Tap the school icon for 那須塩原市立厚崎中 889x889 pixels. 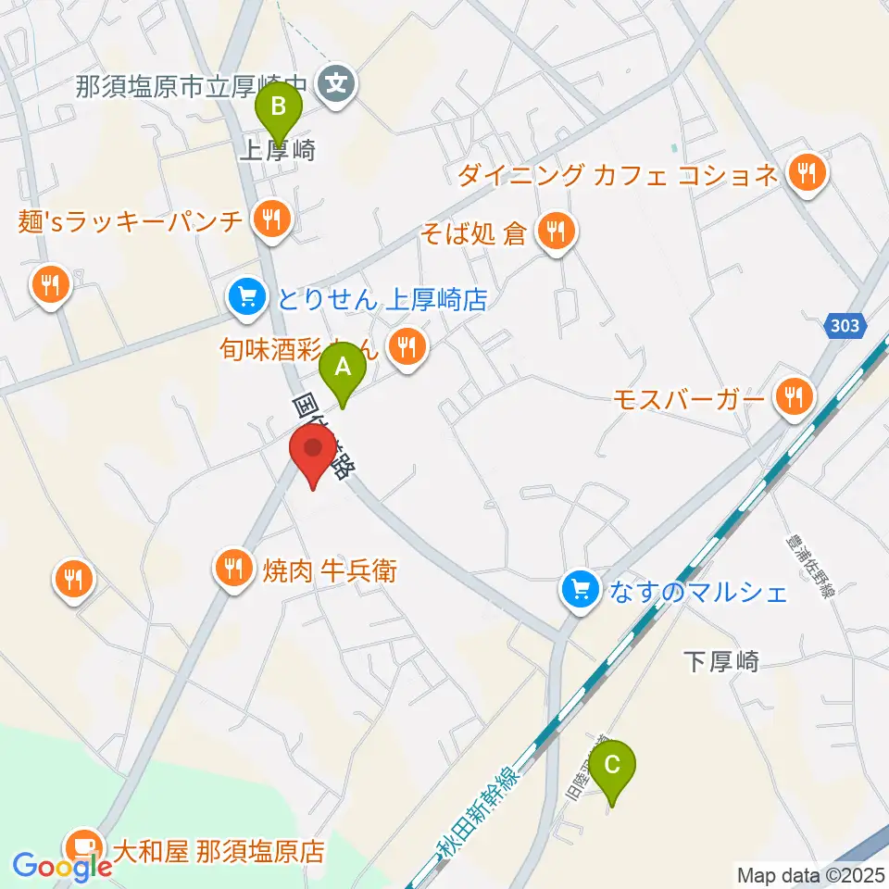point(334,85)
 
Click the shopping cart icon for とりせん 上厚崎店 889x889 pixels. point(245,298)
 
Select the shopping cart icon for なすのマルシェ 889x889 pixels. point(581,590)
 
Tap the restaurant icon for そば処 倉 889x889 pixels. point(556,232)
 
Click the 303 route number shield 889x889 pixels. point(844,326)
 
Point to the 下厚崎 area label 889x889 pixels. point(721,661)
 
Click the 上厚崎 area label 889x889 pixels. point(278,151)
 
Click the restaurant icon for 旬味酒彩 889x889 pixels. point(406,349)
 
